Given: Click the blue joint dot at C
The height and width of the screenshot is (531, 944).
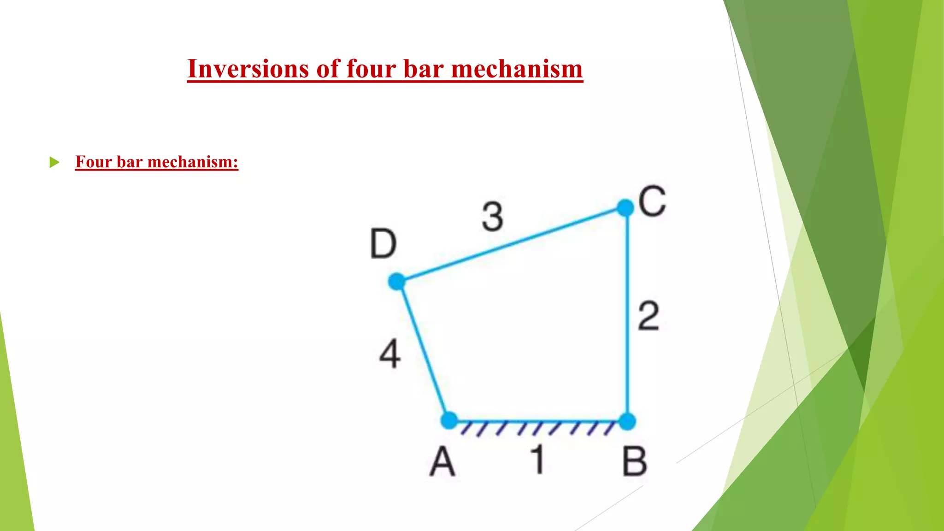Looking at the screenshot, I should tap(625, 208).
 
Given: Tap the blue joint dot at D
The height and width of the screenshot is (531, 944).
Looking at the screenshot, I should tap(396, 281).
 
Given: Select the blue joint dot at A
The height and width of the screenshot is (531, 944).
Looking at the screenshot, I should tap(449, 420).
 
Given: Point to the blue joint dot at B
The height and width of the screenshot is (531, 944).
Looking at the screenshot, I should tap(627, 421).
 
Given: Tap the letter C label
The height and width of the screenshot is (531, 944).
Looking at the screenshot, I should tap(652, 201).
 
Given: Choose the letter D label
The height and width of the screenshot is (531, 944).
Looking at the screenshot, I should tap(383, 244).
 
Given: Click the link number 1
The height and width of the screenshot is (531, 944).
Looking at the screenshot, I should tap(537, 460).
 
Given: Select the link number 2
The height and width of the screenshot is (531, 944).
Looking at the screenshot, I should tap(649, 316).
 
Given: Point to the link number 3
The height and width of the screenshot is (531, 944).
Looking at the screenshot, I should tap(493, 217).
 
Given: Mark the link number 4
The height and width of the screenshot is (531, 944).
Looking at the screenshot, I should tap(390, 354).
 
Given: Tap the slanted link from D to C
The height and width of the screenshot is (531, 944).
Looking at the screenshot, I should tap(511, 245).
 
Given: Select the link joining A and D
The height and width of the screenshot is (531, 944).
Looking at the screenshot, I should tap(423, 350).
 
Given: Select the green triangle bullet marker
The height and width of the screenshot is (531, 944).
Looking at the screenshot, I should tap(54, 162).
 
